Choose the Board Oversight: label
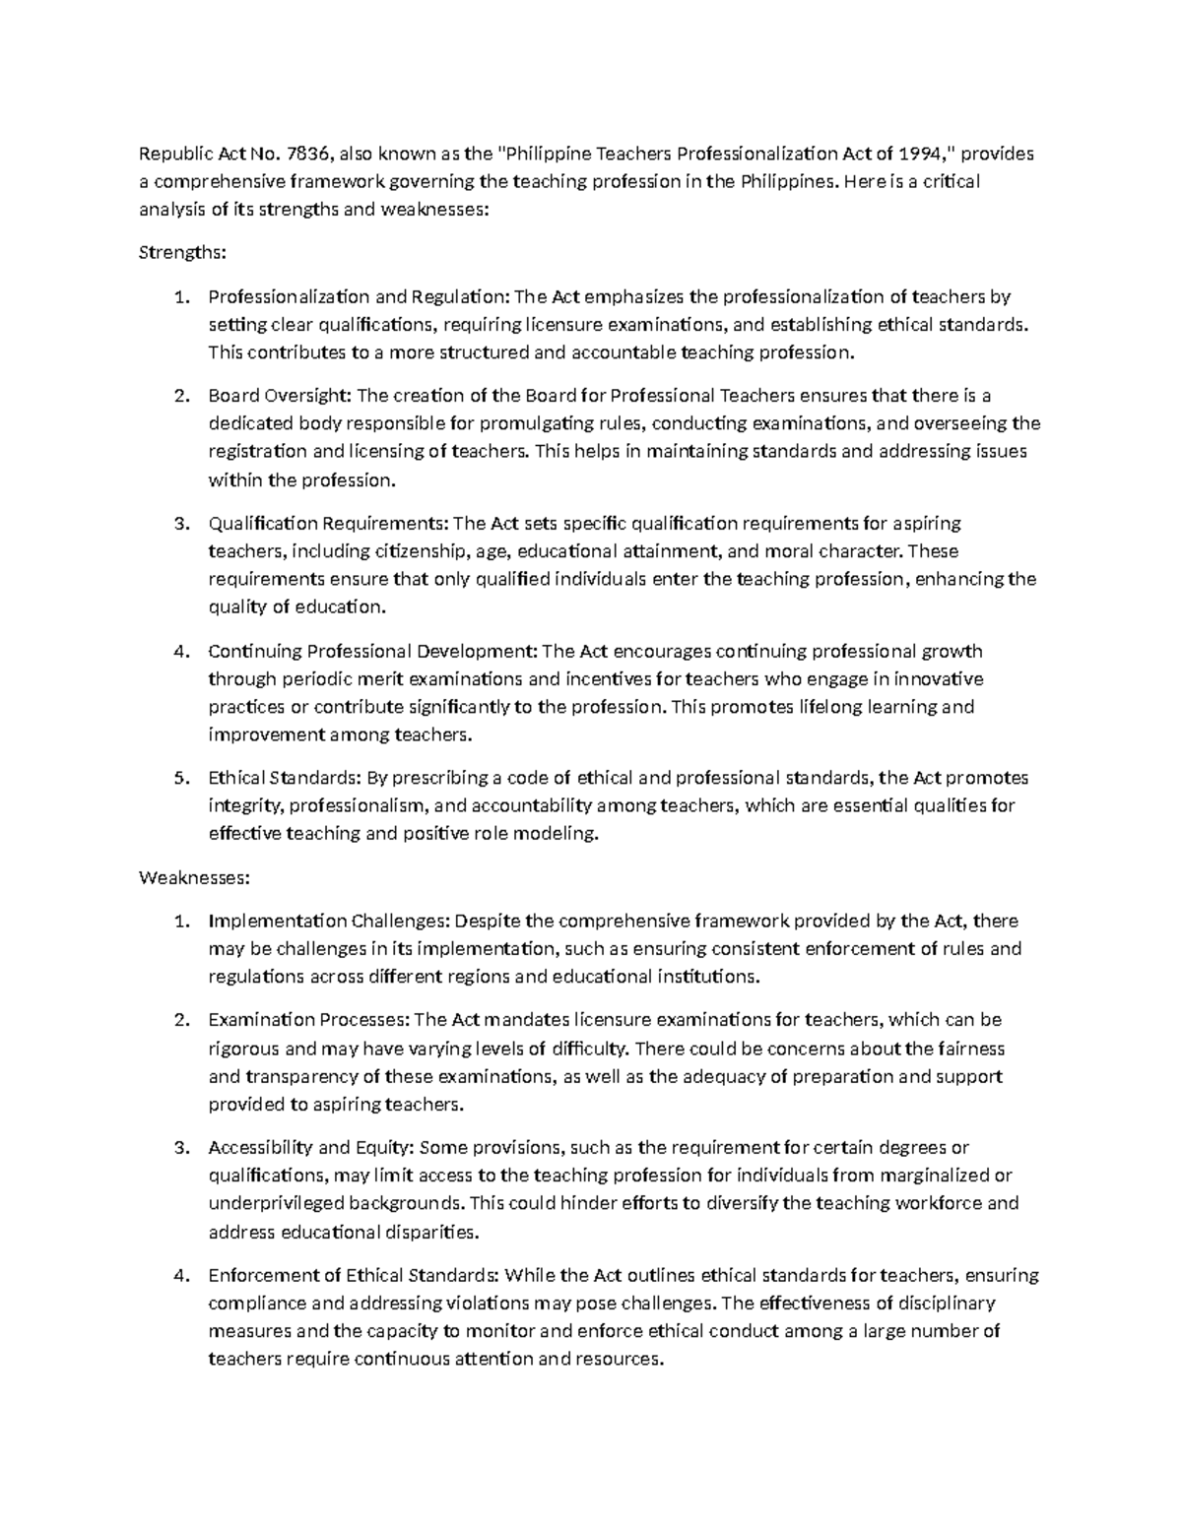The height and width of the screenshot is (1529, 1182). click(x=279, y=396)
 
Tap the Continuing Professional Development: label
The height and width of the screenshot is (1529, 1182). click(x=372, y=651)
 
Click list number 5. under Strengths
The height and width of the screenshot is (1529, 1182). click(x=180, y=778)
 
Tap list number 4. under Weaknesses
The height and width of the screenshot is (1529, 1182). click(x=180, y=1276)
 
